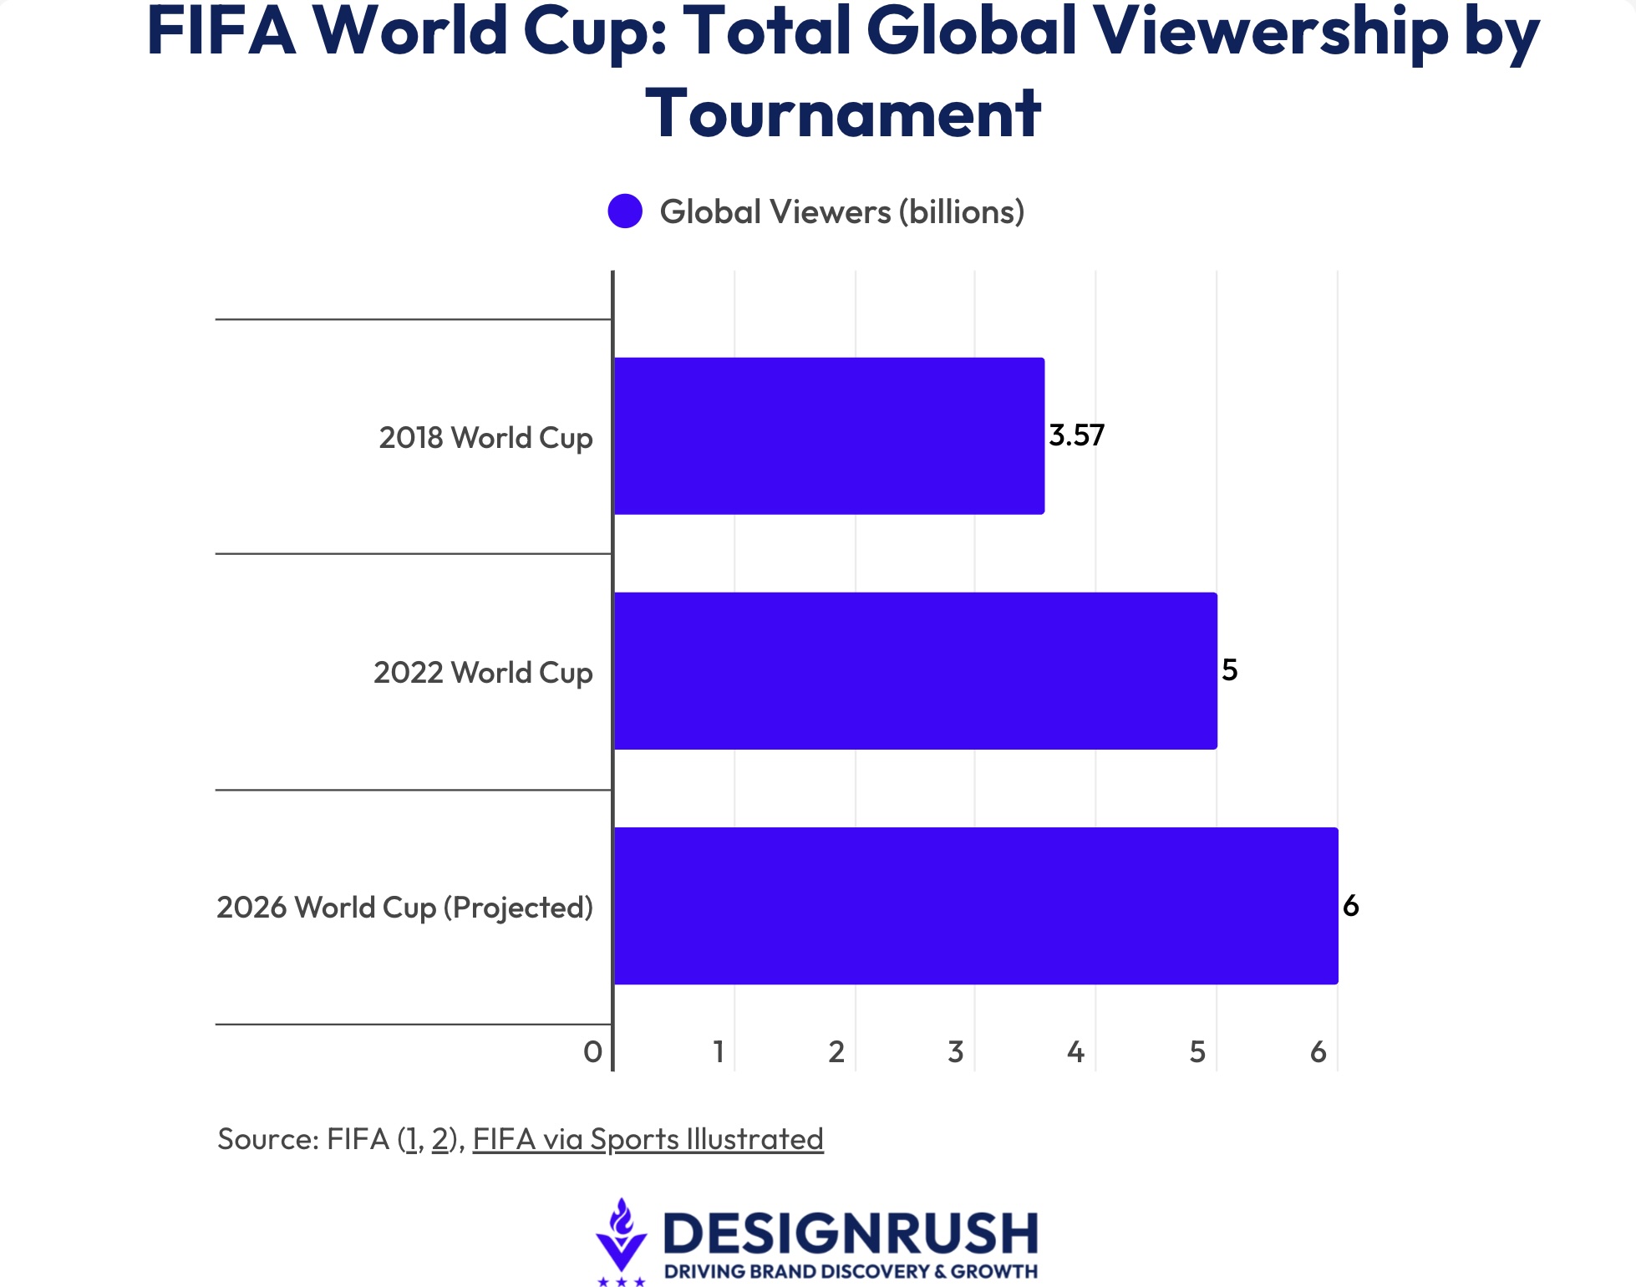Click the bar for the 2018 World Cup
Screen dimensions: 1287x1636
pos(829,435)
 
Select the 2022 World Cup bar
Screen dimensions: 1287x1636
pos(915,670)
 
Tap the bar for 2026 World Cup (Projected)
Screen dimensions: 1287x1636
pos(976,905)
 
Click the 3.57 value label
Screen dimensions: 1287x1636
pos(1076,435)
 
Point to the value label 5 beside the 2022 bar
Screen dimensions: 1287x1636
pos(1229,670)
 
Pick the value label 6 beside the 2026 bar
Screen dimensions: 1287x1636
pos(1350,906)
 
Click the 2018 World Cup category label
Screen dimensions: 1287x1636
pos(485,438)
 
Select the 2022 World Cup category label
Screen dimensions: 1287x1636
pos(483,673)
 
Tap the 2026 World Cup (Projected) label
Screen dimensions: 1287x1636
pos(404,908)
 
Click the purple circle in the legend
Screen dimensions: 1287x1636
pos(625,211)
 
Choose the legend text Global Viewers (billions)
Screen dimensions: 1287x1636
pos(841,212)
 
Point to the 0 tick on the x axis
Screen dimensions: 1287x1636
pos(592,1052)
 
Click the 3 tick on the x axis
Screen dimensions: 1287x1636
pos(956,1052)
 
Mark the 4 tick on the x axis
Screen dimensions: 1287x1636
pos(1075,1052)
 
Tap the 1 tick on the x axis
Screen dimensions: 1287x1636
pos(719,1052)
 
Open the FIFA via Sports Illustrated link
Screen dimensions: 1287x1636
pos(648,1139)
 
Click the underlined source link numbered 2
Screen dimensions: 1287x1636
pos(440,1139)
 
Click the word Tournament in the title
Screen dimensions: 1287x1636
pos(842,113)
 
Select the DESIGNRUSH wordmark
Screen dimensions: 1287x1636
pos(850,1234)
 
